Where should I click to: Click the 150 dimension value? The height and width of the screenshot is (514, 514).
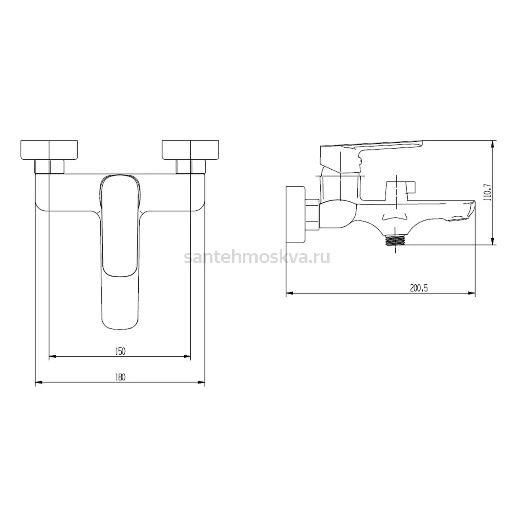[120, 351]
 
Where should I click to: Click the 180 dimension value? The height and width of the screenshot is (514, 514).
[120, 377]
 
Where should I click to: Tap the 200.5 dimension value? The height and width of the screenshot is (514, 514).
[419, 288]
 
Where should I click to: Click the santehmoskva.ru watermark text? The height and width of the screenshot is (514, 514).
[257, 257]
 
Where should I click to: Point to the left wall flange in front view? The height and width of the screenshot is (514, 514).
[49, 150]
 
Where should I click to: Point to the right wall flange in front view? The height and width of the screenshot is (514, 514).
[191, 150]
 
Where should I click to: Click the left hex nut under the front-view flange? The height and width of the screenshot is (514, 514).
[49, 167]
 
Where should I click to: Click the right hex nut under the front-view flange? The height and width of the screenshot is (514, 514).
[191, 167]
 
